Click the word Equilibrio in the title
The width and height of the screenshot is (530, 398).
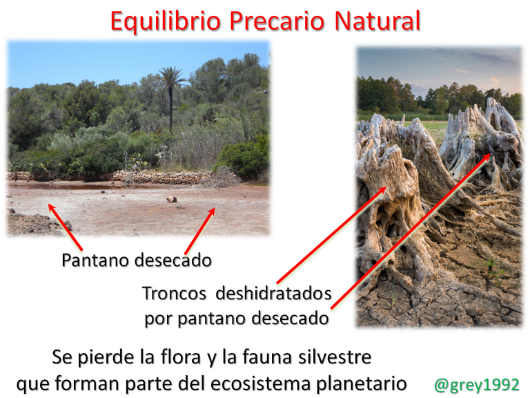coord(166,21)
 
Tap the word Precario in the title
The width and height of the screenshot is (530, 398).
coord(277,21)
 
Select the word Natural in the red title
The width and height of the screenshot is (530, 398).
coord(377,21)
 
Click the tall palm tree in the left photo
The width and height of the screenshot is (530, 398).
coord(170,98)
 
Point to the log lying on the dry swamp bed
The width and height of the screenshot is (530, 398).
coord(172,199)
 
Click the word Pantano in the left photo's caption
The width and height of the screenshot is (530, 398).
coord(96,260)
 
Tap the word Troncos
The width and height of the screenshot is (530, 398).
coord(174,293)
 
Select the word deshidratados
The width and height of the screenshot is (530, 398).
coord(273,293)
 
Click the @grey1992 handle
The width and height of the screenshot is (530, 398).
coord(477,385)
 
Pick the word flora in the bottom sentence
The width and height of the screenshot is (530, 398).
coord(181,357)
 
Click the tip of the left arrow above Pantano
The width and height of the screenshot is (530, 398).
coord(49,205)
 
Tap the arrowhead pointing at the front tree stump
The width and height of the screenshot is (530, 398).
coord(384,188)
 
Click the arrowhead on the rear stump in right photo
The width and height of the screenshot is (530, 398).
coord(490,155)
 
